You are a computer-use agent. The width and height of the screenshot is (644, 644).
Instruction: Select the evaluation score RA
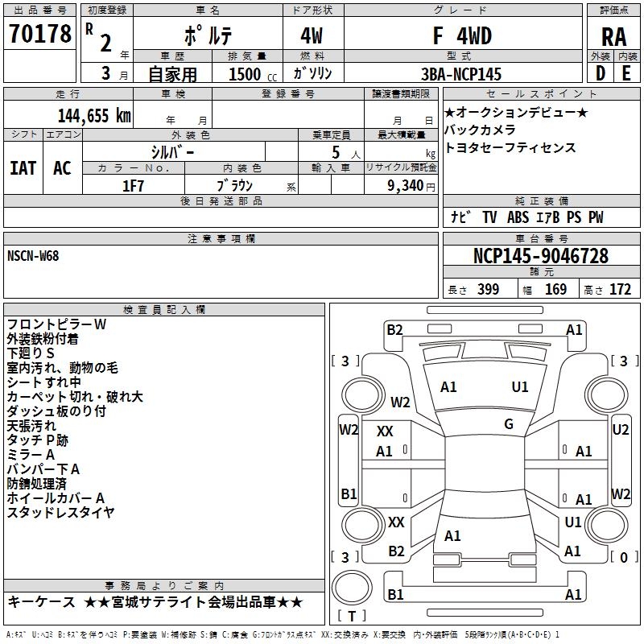[x=613, y=37]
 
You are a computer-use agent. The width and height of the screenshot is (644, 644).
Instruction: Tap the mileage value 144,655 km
[x=94, y=115]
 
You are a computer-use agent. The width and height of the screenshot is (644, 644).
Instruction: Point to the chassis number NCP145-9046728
[x=540, y=256]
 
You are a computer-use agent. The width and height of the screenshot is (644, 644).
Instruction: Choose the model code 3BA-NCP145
[x=461, y=74]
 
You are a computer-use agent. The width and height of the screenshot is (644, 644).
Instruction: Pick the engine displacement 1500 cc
[x=246, y=74]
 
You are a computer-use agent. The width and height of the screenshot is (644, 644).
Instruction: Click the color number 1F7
[x=133, y=185]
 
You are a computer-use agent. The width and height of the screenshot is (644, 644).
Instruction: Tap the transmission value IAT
[x=23, y=168]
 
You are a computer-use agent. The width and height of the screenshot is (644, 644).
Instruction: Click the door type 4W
[x=312, y=36]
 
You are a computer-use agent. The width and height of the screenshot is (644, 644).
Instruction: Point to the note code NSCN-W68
[x=33, y=256]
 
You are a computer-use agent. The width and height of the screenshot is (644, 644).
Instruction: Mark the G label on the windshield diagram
[x=509, y=423]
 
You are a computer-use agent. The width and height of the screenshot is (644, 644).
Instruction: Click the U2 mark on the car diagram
[x=620, y=429]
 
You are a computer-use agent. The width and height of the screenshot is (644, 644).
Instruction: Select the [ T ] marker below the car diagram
[x=352, y=616]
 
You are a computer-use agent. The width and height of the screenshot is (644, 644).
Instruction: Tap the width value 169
[x=555, y=290]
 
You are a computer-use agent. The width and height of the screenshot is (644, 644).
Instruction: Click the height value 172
[x=620, y=290]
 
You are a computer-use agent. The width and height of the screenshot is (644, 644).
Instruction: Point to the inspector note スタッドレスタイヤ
[x=61, y=512]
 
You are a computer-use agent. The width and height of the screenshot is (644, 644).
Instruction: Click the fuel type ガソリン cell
[x=312, y=73]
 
